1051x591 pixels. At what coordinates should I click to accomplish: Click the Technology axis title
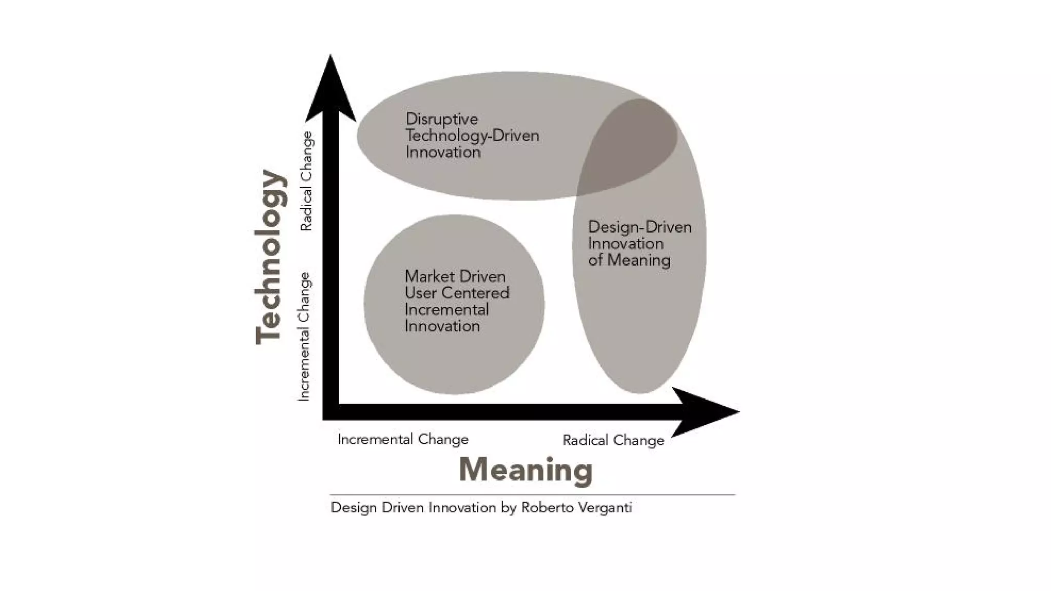[270, 257]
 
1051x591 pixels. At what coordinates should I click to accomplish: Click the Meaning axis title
[525, 470]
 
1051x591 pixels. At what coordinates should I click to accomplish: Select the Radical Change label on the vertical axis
[306, 181]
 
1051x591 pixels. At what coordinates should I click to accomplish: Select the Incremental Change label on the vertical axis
[304, 337]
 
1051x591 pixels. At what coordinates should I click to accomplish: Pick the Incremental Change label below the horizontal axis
[403, 440]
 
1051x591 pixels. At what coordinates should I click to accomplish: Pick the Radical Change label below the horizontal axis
[613, 440]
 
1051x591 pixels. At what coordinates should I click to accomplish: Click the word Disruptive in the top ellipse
[441, 120]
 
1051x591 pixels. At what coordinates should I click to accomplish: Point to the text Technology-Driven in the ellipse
[472, 136]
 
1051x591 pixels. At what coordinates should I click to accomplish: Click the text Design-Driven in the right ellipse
[639, 227]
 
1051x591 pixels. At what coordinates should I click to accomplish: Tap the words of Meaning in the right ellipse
[629, 260]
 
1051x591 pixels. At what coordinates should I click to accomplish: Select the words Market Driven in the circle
[455, 277]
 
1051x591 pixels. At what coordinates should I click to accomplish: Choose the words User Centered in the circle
[457, 293]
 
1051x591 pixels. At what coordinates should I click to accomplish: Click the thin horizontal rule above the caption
[532, 495]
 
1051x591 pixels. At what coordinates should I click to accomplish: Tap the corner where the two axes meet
[330, 412]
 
